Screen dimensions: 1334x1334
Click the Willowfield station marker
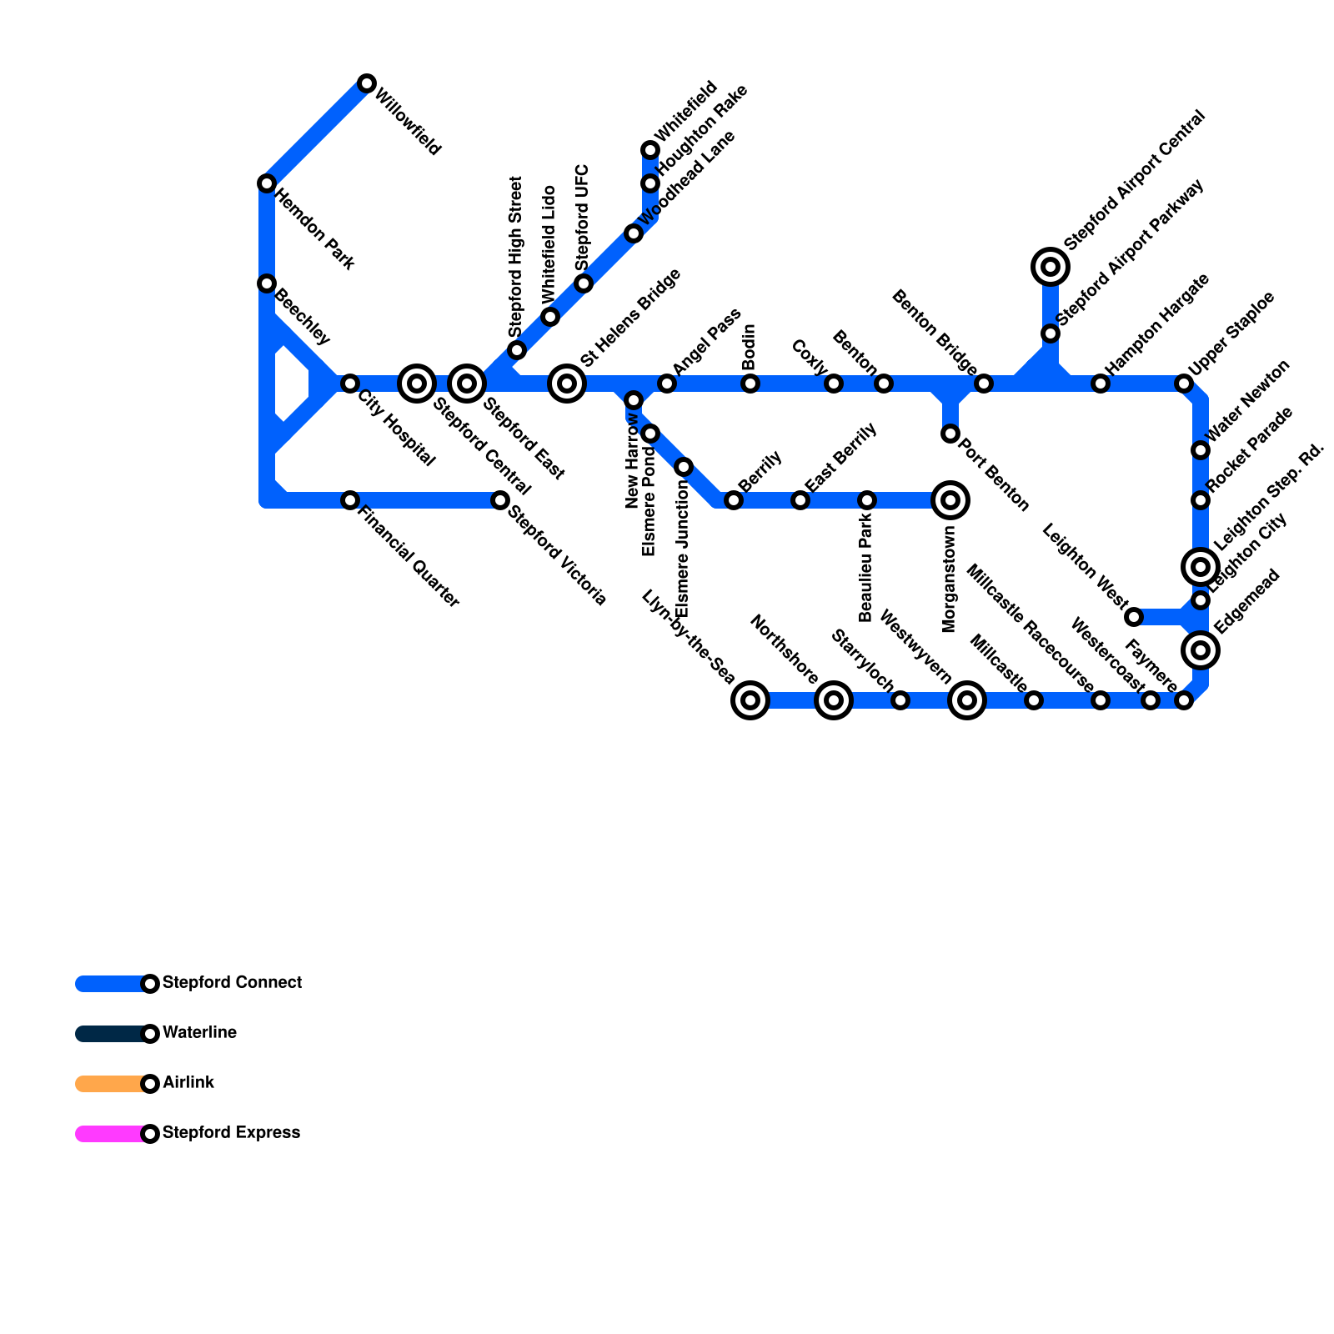(367, 83)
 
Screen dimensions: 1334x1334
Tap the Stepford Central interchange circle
(417, 384)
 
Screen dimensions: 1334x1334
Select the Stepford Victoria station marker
(500, 500)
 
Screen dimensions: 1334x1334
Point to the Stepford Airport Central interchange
(1051, 267)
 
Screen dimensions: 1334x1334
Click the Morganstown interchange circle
(950, 500)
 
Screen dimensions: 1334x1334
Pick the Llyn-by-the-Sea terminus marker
(750, 700)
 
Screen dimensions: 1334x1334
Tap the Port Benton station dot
(950, 434)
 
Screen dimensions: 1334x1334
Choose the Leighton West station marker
(1134, 617)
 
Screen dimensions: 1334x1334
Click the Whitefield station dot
(650, 150)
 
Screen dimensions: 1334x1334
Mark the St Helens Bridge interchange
(567, 384)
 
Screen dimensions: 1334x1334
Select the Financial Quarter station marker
(350, 500)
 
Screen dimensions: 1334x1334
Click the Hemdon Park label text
(315, 231)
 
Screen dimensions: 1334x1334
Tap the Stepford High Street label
(515, 257)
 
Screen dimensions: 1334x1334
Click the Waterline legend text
(199, 1033)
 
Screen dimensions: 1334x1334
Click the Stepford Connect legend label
(232, 983)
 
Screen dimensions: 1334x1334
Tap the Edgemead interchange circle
(1201, 650)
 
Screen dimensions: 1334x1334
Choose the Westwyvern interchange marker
(967, 700)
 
